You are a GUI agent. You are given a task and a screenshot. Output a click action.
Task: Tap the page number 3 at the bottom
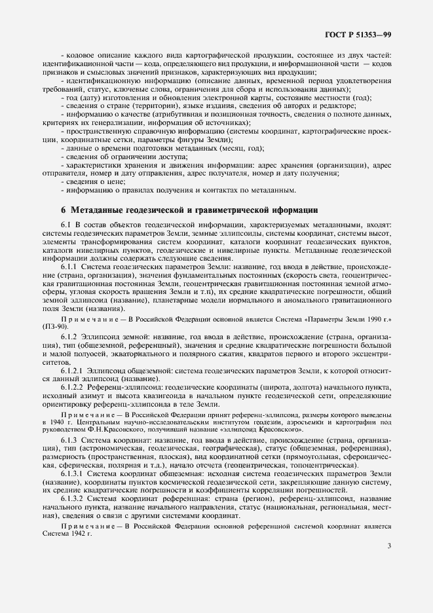click(389, 545)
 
